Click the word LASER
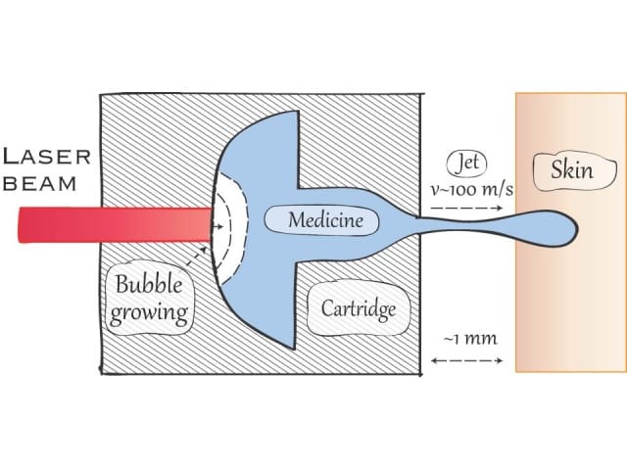click(47, 157)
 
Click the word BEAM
click(39, 184)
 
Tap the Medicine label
click(325, 220)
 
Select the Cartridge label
click(359, 308)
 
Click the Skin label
click(572, 169)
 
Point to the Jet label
click(467, 164)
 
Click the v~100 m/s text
click(471, 189)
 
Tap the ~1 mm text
click(470, 340)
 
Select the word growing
click(149, 312)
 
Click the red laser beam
click(115, 224)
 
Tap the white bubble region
click(231, 227)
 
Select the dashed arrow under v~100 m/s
click(466, 208)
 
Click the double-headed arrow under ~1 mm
click(466, 360)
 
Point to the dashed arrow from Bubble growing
click(196, 257)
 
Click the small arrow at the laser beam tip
click(217, 226)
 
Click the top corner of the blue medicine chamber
click(297, 111)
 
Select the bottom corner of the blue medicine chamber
click(295, 349)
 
